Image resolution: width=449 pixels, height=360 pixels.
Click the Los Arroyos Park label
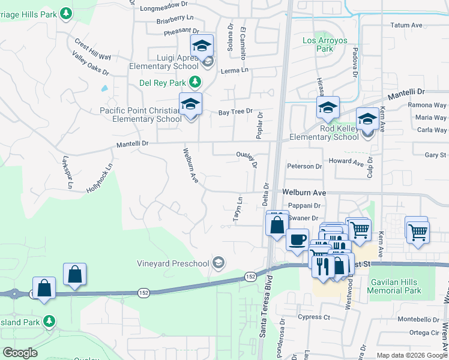[325, 44]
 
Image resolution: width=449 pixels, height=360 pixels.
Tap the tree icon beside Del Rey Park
[194, 82]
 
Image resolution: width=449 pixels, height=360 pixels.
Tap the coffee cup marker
[297, 240]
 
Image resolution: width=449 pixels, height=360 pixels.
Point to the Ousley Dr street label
[248, 157]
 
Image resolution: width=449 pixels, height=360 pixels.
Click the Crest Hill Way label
[92, 49]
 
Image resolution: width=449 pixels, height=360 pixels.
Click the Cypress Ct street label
[314, 316]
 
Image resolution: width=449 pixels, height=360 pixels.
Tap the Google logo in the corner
[20, 353]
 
